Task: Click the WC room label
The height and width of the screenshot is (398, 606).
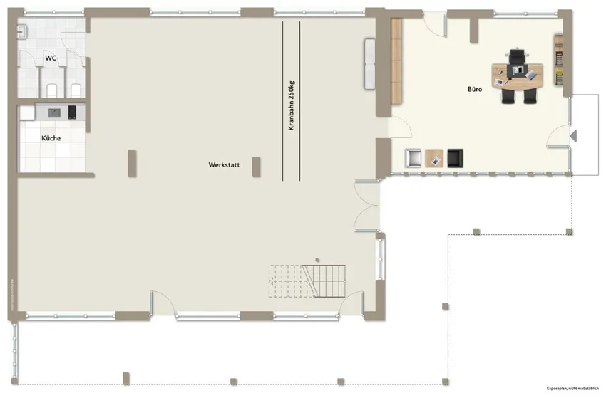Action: pos(51,57)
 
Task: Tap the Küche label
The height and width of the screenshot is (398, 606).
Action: pos(51,138)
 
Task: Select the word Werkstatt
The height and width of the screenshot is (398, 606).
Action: pos(223,164)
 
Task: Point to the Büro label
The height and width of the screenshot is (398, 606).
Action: pos(476,90)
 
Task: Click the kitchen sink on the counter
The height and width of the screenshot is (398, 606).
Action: pos(54,112)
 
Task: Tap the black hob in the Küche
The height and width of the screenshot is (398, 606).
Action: pos(72,112)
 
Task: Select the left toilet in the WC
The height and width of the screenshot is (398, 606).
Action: pos(51,89)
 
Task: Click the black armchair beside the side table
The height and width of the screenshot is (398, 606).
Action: pos(455,157)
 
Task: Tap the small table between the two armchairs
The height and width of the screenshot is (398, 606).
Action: pos(434,158)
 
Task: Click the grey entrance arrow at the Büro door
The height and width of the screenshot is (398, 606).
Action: pos(573,135)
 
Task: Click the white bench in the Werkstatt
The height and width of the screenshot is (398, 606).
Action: pos(370,63)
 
